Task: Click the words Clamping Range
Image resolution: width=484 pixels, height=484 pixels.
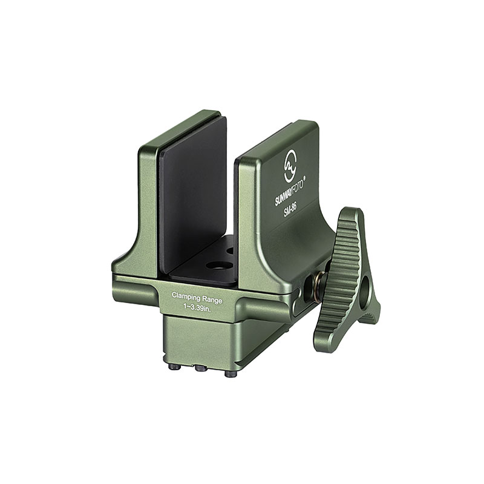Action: click(197, 296)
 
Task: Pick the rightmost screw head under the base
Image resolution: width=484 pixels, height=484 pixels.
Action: click(229, 374)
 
